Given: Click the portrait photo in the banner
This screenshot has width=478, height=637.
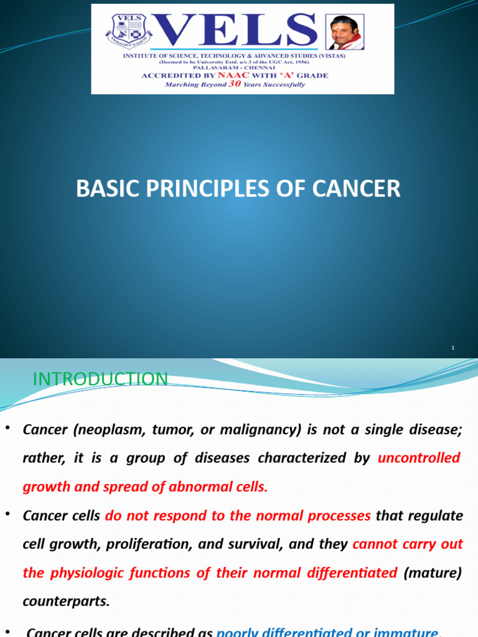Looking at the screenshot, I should point(345,32).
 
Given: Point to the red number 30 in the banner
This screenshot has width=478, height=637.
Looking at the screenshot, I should point(234,84).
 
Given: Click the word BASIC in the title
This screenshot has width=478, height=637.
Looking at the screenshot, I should point(105,188).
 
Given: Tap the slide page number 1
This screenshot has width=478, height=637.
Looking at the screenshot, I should point(453,348).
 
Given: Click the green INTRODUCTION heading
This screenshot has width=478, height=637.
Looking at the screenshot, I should point(100,379).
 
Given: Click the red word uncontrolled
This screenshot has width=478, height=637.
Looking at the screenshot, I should point(419,458).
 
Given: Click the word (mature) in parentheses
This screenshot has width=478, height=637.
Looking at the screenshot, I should point(433,573).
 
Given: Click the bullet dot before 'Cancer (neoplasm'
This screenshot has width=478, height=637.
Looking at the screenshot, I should point(7,429).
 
